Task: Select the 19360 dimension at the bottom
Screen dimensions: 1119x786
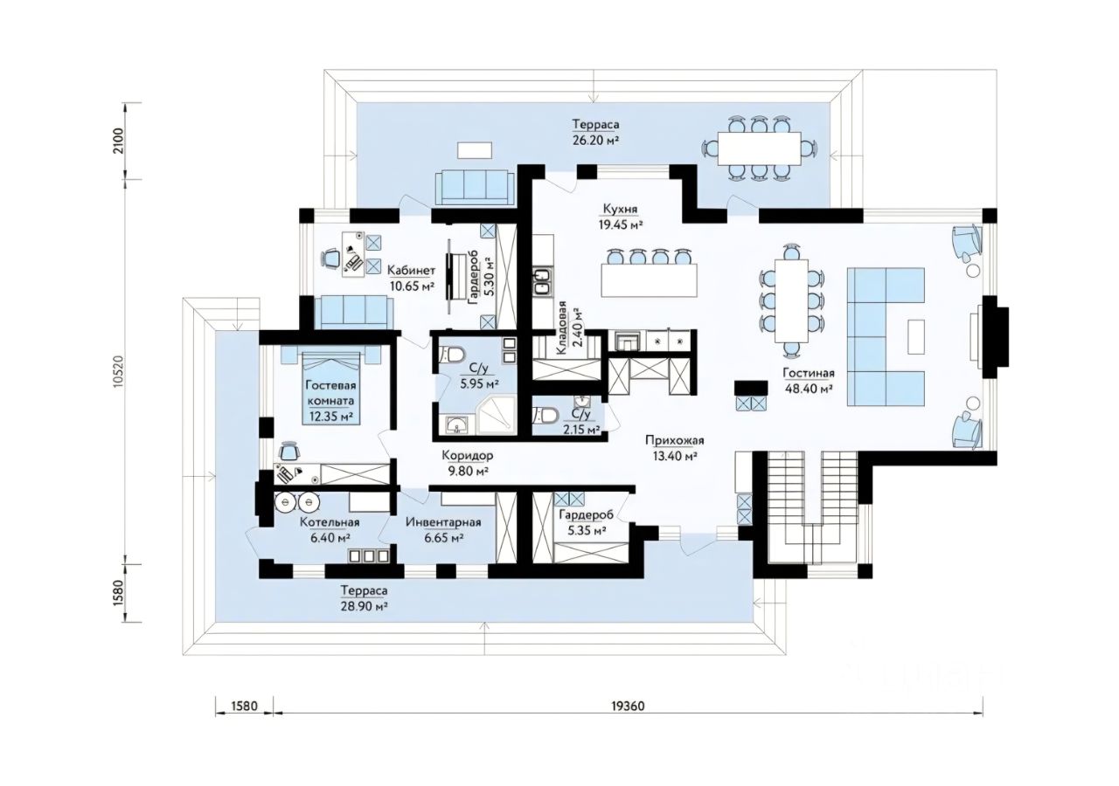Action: [628, 705]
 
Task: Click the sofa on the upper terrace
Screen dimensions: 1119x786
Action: [475, 186]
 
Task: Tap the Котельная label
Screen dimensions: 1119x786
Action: [329, 522]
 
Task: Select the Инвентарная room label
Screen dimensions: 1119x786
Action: [443, 522]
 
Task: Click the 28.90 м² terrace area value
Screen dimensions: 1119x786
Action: [365, 604]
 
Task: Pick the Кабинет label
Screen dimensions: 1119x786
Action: [412, 271]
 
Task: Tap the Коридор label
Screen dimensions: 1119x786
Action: [467, 456]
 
